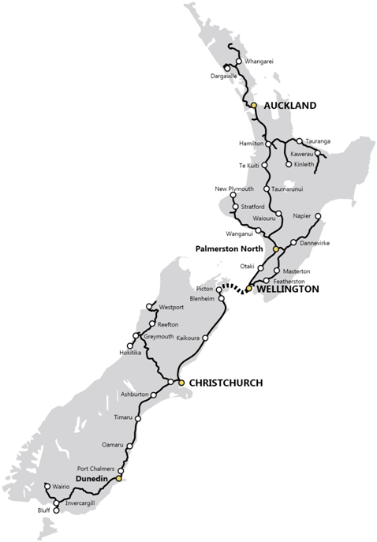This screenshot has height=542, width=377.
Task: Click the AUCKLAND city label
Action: pyautogui.click(x=290, y=105)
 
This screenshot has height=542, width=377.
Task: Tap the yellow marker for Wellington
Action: pyautogui.click(x=248, y=289)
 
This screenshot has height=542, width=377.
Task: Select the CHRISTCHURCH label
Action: pyautogui.click(x=225, y=383)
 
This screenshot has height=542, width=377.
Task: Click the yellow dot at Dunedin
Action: pyautogui.click(x=118, y=478)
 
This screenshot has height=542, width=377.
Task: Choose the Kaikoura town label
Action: pyautogui.click(x=183, y=338)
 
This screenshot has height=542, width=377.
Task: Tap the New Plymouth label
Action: pyautogui.click(x=234, y=189)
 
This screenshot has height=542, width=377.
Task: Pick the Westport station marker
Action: pyautogui.click(x=150, y=307)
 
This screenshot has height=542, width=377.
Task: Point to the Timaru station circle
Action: pyautogui.click(x=138, y=418)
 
